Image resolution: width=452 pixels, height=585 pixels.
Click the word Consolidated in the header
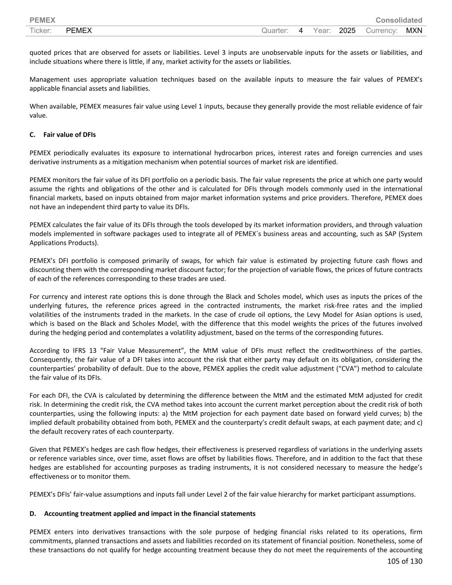click(x=398, y=20)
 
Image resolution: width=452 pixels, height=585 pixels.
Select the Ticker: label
click(x=41, y=30)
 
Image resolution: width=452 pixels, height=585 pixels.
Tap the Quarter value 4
click(x=301, y=30)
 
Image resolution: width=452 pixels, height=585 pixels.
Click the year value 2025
click(x=347, y=30)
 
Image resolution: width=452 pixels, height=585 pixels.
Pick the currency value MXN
click(x=414, y=30)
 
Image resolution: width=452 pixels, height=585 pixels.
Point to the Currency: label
click(x=382, y=30)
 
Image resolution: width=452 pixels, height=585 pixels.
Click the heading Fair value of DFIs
click(x=69, y=135)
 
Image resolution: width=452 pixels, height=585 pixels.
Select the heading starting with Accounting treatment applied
click(x=150, y=513)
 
